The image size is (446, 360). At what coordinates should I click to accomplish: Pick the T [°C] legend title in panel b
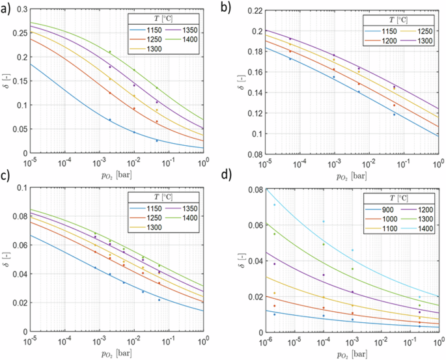coord(390,20)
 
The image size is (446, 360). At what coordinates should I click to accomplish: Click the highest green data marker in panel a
coord(110,52)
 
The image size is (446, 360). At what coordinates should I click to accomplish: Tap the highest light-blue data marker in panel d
coord(274,204)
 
